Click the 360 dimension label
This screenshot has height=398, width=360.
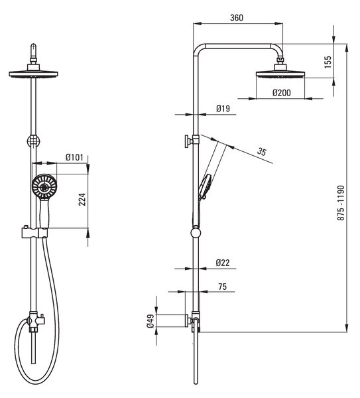[x=237, y=18]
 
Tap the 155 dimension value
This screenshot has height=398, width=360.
[x=328, y=62]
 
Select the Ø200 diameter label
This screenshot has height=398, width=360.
[x=282, y=93]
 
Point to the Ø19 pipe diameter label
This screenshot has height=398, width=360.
[x=223, y=109]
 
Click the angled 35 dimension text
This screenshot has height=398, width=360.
[x=262, y=151]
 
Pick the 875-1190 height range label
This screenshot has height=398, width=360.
[x=341, y=203]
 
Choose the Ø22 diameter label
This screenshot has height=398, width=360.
[x=223, y=263]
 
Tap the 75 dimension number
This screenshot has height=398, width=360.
[x=222, y=287]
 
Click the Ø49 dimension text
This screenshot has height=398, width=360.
[x=150, y=320]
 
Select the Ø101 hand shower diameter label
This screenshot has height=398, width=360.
[x=74, y=157]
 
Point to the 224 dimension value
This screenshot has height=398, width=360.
[x=82, y=199]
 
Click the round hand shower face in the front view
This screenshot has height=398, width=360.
[x=44, y=186]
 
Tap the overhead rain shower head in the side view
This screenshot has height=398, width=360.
[x=280, y=74]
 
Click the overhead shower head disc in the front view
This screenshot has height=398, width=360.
[x=34, y=74]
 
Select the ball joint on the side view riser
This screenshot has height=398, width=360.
[x=196, y=232]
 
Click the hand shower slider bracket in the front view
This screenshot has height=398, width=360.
[x=34, y=233]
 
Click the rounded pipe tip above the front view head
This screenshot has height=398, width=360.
[x=34, y=46]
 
